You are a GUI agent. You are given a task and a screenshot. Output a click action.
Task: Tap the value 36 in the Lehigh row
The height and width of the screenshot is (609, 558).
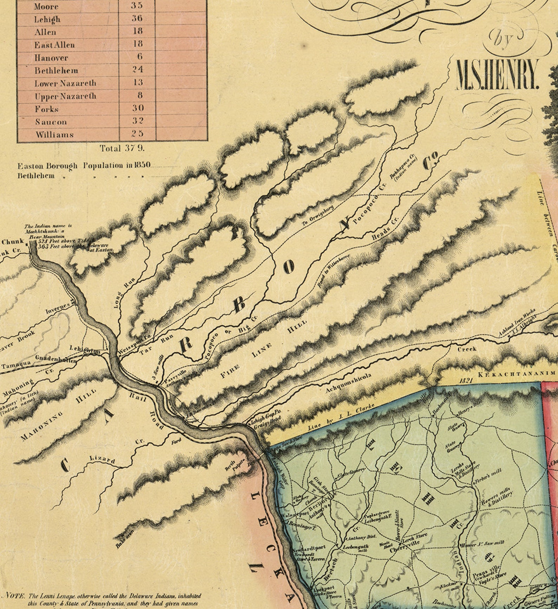tap(137, 18)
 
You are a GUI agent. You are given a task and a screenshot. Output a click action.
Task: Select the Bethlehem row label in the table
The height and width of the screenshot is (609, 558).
tap(56, 71)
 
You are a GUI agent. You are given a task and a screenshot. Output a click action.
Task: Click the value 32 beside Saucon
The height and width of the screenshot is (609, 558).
tap(137, 121)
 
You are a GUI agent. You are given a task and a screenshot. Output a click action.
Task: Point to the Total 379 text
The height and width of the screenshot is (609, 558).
tap(122, 148)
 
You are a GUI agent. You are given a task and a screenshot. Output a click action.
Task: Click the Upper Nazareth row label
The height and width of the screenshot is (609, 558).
tap(65, 96)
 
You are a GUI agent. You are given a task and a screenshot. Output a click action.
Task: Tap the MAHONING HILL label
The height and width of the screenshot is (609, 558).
tap(58, 414)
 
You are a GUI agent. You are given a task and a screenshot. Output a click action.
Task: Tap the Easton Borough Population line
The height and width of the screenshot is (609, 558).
tap(84, 166)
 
